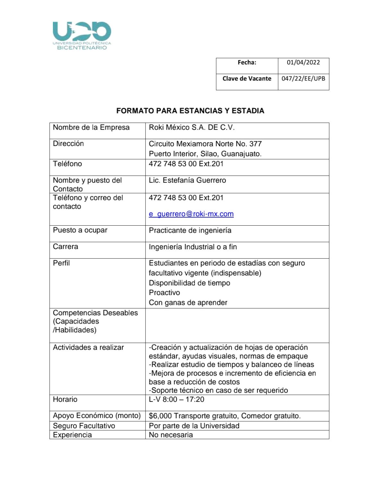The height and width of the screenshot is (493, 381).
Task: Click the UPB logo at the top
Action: (82, 35)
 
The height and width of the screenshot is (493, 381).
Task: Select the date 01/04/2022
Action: (303, 63)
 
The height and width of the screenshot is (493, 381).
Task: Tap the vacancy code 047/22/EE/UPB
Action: (303, 79)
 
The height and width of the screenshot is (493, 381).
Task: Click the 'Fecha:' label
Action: (247, 63)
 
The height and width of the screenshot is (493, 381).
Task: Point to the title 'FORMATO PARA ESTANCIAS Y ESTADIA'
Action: (190, 111)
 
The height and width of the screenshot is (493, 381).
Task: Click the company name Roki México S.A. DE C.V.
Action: (192, 128)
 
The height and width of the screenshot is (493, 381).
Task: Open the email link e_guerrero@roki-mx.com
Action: (191, 214)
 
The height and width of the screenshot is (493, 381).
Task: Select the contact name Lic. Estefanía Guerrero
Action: (187, 180)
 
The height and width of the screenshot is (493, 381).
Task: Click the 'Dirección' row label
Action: (68, 144)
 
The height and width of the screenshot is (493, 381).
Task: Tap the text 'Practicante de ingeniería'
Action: (190, 230)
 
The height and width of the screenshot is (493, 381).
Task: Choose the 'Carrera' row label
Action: (65, 247)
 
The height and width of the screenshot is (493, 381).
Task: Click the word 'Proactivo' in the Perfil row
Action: (164, 293)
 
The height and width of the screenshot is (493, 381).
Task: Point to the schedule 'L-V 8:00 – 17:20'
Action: (176, 400)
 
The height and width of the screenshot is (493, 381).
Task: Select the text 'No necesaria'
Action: (171, 435)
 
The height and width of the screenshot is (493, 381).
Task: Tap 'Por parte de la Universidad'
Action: (194, 426)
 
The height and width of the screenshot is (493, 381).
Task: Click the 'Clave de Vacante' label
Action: (247, 79)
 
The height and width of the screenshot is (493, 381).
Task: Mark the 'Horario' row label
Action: (65, 400)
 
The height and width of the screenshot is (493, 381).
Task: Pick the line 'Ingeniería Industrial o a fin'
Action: (193, 247)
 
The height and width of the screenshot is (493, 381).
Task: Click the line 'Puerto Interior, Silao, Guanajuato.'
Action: (205, 154)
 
